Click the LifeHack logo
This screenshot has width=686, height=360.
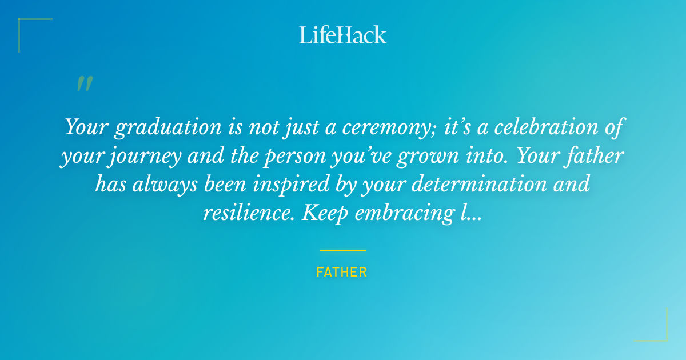(x=342, y=35)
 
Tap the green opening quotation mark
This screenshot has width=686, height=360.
(x=84, y=84)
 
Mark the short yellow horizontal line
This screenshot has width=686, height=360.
(x=342, y=250)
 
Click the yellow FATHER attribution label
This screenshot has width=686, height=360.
(x=342, y=272)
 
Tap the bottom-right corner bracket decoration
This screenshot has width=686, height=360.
(x=657, y=331)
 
